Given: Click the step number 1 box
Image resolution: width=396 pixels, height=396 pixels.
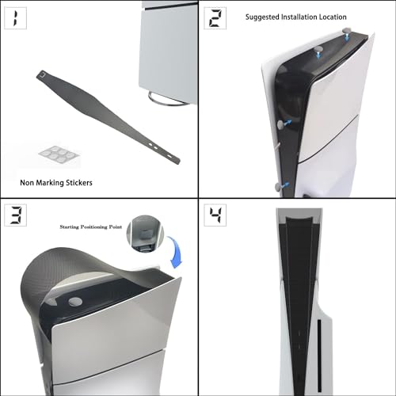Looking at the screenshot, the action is tap(16, 18).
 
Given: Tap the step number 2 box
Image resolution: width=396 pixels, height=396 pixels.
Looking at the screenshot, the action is tap(215, 18).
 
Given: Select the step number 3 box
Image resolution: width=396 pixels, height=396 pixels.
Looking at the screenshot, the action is tap(16, 215).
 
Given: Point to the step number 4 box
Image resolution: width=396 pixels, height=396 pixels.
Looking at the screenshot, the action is tap(215, 215).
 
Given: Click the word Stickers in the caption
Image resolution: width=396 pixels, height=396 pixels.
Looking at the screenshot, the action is tap(79, 183).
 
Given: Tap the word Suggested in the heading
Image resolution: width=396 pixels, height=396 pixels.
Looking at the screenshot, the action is tap(262, 17).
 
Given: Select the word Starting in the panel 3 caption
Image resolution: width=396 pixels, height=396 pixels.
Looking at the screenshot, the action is tap(69, 227).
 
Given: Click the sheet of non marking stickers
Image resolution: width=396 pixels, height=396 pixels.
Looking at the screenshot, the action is tap(59, 154).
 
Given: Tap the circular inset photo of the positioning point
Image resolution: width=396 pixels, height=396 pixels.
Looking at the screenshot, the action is tap(145, 234).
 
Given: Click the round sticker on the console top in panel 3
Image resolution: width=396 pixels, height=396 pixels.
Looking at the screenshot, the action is tap(75, 302).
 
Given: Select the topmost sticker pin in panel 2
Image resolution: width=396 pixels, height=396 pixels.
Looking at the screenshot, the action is tap(347, 31).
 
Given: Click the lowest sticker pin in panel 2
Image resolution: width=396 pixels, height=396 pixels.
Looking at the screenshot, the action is tap(278, 187).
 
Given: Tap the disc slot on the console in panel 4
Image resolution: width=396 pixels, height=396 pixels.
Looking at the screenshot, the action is tap(319, 355).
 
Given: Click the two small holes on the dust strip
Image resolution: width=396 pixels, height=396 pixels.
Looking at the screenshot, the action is tap(153, 146).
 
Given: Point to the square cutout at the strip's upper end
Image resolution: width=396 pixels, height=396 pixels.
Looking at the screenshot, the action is tap(43, 75).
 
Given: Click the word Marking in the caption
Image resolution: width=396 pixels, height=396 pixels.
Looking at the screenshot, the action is tap(50, 183).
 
